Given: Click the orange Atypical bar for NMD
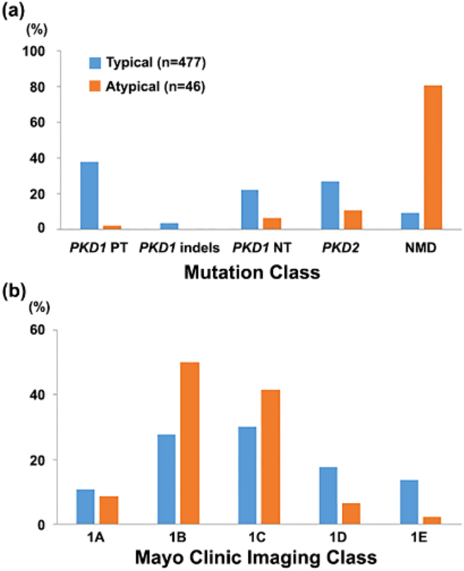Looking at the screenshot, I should [x=433, y=157].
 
